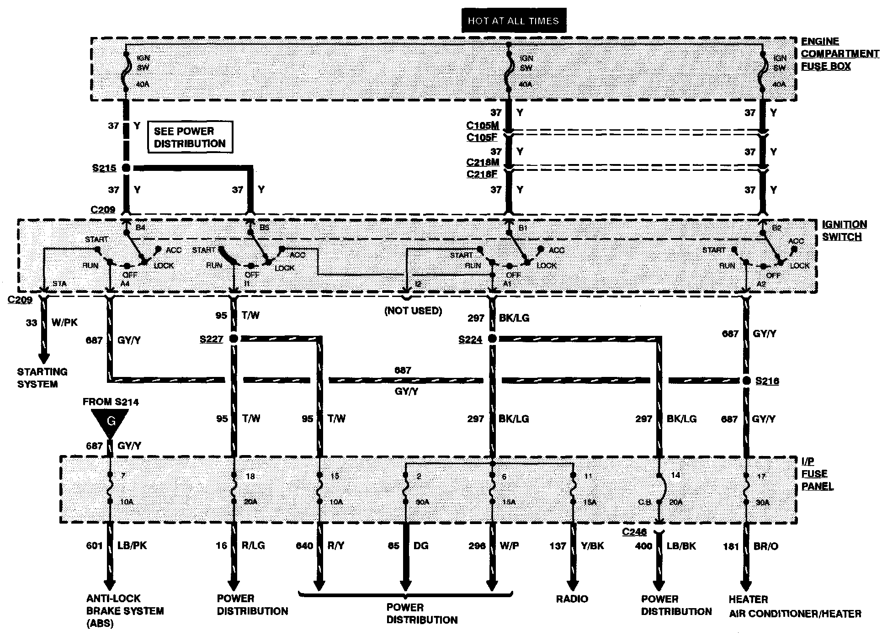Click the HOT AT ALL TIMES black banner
pyautogui.click(x=514, y=21)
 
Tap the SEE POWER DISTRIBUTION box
pyautogui.click(x=190, y=137)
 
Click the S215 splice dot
pyautogui.click(x=126, y=168)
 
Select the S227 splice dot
pyautogui.click(x=234, y=339)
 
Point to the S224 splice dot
pyautogui.click(x=492, y=339)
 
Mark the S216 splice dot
pyautogui.click(x=746, y=381)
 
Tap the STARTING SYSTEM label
pyautogui.click(x=43, y=378)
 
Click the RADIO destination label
pyautogui.click(x=572, y=599)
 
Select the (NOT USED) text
pyautogui.click(x=414, y=311)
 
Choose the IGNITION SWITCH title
pyautogui.click(x=844, y=230)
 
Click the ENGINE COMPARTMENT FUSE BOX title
pyautogui.click(x=839, y=54)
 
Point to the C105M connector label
pyautogui.click(x=483, y=126)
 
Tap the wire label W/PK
pyautogui.click(x=65, y=323)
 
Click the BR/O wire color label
pyautogui.click(x=765, y=546)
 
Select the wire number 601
pyautogui.click(x=95, y=546)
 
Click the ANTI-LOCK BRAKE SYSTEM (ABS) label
pyautogui.click(x=125, y=611)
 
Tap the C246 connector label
pyautogui.click(x=634, y=532)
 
